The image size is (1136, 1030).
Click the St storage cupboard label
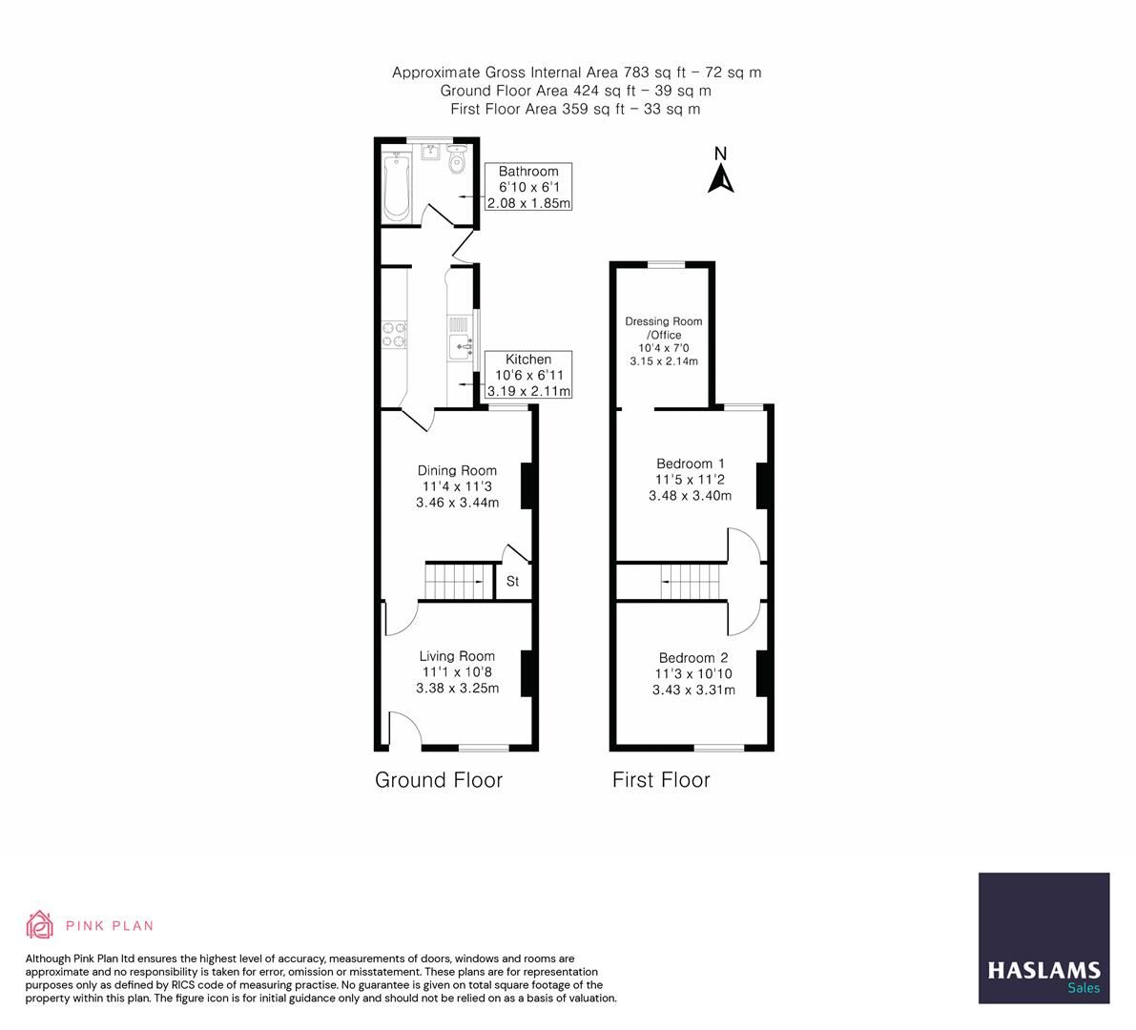512,581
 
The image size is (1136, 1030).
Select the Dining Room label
457,470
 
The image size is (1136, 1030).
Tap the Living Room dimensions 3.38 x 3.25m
457,688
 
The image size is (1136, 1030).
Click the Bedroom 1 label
690,463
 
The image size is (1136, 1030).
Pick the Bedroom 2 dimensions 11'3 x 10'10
693,673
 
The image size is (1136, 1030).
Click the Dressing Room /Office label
663,328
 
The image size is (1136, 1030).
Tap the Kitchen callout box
528,375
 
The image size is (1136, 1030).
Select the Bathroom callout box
528,187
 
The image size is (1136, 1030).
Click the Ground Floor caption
438,780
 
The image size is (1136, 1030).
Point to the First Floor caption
661,780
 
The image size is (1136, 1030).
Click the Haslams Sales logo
1043,937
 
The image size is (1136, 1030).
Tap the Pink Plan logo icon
41,924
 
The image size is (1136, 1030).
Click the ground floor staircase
455,580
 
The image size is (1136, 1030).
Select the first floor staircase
690,581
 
